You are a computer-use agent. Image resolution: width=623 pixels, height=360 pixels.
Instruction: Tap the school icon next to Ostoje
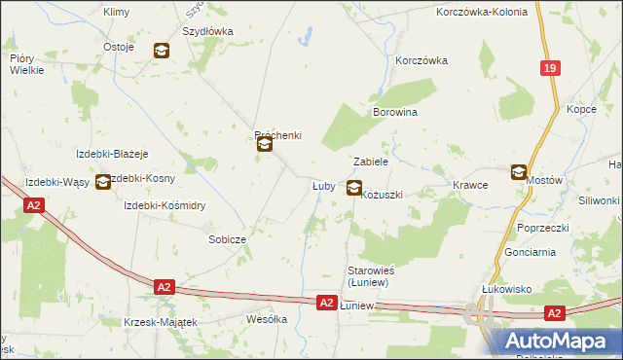(x=162, y=51)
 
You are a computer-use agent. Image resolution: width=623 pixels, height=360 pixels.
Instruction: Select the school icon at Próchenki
(x=265, y=146)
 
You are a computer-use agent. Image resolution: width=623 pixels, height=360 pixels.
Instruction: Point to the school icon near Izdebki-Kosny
(x=103, y=181)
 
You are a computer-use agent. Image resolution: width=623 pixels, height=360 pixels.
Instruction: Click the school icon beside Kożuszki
(x=354, y=189)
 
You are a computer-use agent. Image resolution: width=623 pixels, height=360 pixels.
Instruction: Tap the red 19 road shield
(x=551, y=68)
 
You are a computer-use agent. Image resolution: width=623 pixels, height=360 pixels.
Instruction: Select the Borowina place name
(x=395, y=113)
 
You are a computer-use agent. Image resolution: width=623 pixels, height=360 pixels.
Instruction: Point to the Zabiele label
(x=371, y=162)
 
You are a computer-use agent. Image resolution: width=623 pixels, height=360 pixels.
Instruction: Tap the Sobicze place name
(x=227, y=238)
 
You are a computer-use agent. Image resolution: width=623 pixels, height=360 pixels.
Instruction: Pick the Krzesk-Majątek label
(x=162, y=322)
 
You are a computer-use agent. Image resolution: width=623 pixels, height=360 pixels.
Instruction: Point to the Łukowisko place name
(x=506, y=289)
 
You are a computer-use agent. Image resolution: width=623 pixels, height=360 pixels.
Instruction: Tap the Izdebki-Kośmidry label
(x=165, y=205)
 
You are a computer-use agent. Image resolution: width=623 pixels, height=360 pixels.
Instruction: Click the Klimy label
(x=116, y=12)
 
